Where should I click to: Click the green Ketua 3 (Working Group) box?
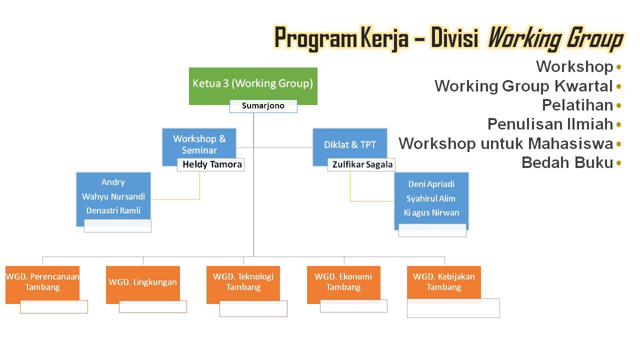click(x=253, y=83)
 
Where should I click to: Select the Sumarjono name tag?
click(x=263, y=106)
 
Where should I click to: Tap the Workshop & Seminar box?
click(x=199, y=144)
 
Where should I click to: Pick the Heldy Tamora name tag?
click(x=212, y=164)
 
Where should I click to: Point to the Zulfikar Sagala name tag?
click(x=362, y=164)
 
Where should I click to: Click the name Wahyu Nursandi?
click(x=113, y=196)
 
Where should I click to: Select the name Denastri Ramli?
click(x=113, y=210)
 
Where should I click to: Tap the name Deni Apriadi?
click(x=431, y=184)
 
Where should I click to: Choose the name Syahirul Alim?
click(x=431, y=198)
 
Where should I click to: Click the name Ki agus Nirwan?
click(x=431, y=212)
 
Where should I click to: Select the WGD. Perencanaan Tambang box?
click(x=42, y=282)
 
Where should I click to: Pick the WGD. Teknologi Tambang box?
click(x=243, y=282)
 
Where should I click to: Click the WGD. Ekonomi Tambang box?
click(x=343, y=282)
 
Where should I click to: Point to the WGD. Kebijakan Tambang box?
click(x=443, y=282)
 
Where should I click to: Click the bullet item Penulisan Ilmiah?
click(x=550, y=124)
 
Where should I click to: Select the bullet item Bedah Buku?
click(x=567, y=162)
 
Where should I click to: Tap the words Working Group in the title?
click(x=555, y=38)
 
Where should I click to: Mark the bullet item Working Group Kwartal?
click(x=523, y=86)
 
